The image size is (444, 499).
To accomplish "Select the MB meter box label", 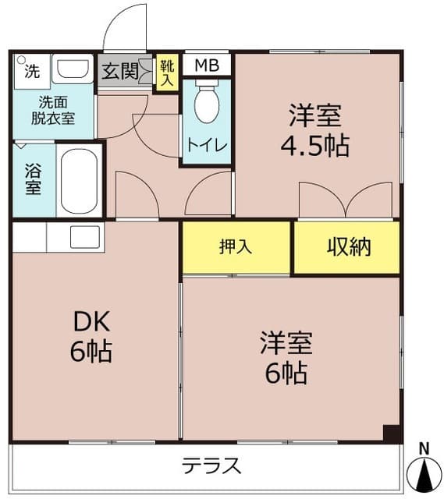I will [207, 65].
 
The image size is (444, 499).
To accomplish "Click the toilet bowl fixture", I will [207, 104].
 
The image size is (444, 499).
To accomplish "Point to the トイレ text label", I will [207, 146].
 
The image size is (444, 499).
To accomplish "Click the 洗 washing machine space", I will [30, 73].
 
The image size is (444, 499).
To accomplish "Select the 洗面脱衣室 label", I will [53, 110].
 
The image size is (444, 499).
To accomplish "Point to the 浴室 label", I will [33, 179].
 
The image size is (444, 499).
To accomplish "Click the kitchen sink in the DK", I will [85, 236].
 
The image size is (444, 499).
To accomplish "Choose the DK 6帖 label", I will [93, 338].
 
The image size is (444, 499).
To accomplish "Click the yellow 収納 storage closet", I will [348, 248].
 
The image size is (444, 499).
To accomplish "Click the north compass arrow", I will [425, 472].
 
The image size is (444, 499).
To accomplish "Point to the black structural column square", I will [392, 434].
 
